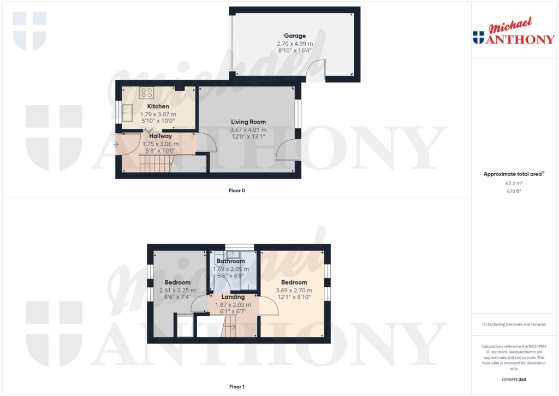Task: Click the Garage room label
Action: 294,36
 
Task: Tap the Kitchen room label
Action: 158,106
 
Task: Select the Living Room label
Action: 248,122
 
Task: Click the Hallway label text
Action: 160,136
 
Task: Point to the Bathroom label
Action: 230,261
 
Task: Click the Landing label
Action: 233,297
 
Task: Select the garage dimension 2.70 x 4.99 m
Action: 294,44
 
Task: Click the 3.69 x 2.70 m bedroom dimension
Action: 294,291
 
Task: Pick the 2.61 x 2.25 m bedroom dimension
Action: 177,291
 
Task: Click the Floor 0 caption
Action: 237,191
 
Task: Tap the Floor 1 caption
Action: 237,387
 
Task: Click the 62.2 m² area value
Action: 513,184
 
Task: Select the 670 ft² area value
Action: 513,192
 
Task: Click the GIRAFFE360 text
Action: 514,380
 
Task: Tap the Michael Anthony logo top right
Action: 514,34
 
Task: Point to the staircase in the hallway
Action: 156,163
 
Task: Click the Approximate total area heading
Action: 513,174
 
